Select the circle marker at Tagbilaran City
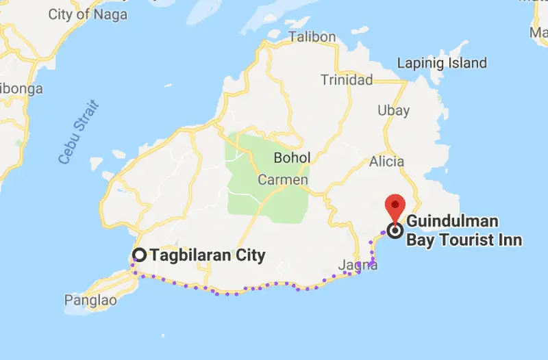[x=139, y=255]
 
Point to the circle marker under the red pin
[x=395, y=231]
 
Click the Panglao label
[x=86, y=300]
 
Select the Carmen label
[x=279, y=180]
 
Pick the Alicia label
[x=386, y=162]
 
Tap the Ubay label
[x=394, y=110]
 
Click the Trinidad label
[x=347, y=80]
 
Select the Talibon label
[x=312, y=37]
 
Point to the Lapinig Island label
[x=443, y=63]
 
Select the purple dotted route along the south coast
[x=236, y=293]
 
